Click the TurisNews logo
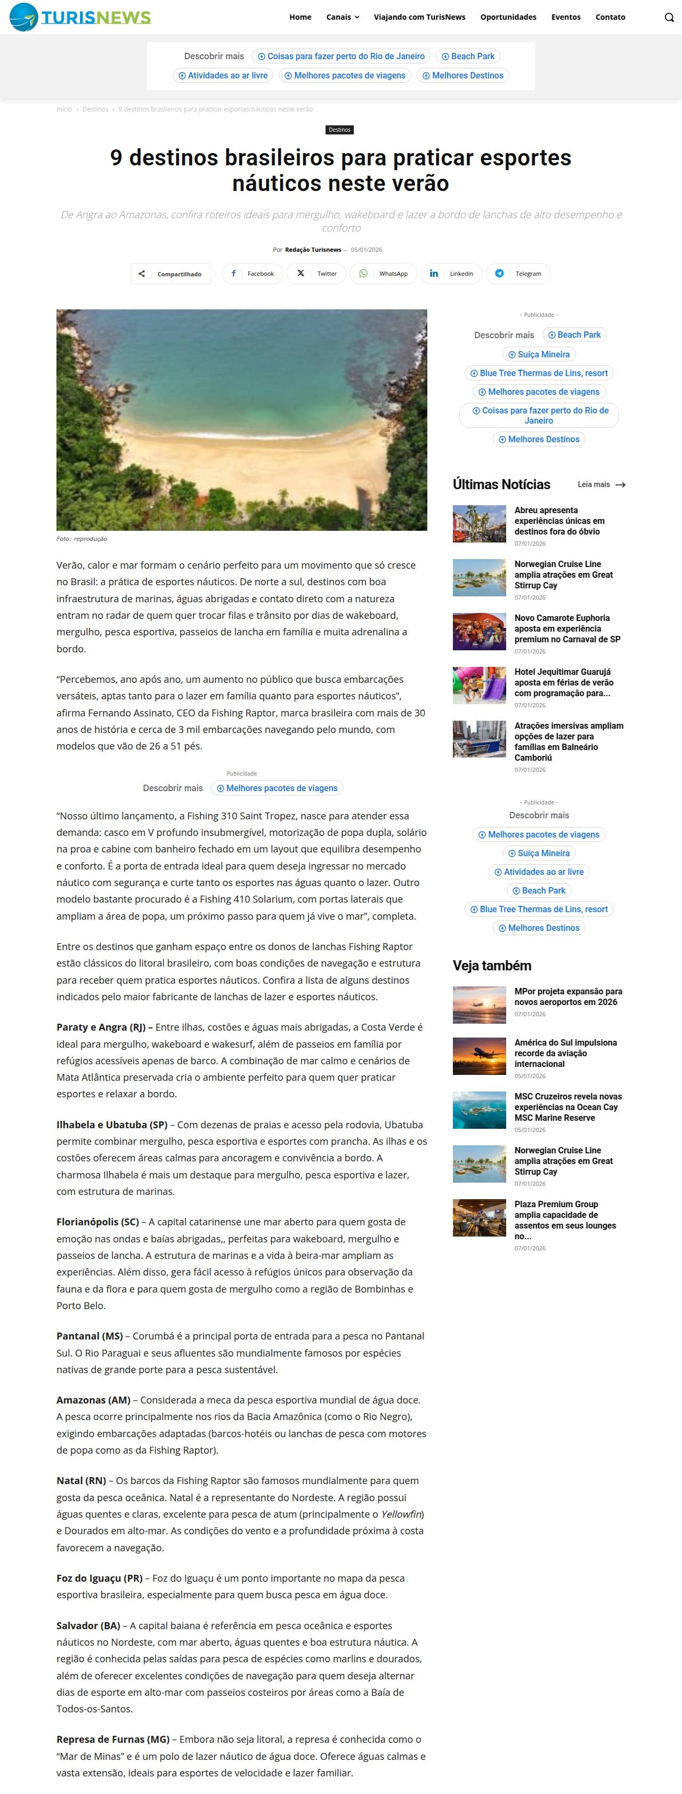click(80, 17)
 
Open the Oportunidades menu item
click(508, 17)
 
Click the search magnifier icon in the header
click(669, 18)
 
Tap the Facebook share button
click(253, 274)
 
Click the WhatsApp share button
click(384, 274)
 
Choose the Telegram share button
click(518, 274)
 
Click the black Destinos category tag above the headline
click(339, 130)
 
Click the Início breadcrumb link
click(64, 109)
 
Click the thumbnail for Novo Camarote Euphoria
click(479, 631)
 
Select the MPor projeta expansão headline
click(568, 996)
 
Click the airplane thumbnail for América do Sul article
click(479, 1056)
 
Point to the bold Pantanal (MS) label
click(89, 1336)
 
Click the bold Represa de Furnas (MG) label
click(113, 1740)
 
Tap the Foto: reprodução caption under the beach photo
click(82, 539)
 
